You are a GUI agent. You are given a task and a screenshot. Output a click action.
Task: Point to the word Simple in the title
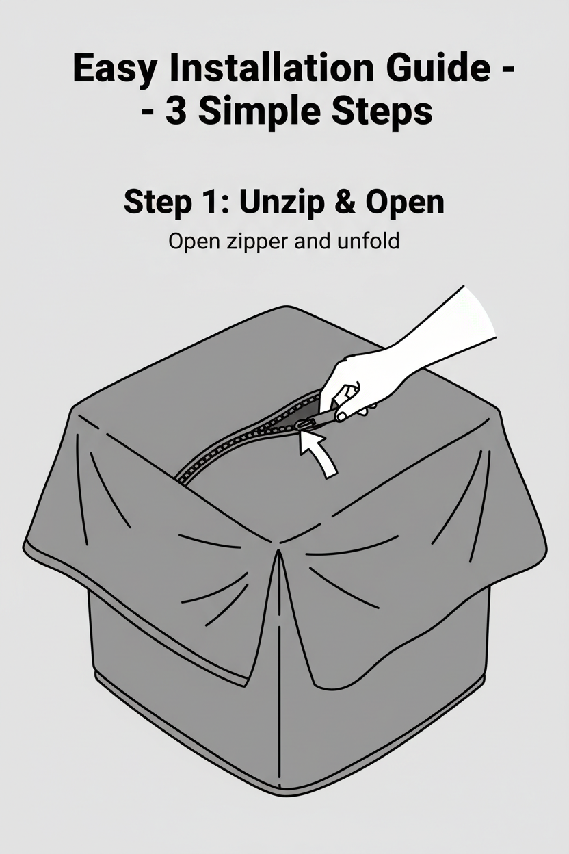(265, 112)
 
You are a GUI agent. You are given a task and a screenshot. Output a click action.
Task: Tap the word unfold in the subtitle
(367, 242)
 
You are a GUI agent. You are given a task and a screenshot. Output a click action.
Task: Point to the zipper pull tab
(306, 427)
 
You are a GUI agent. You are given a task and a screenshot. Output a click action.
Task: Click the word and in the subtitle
(313, 242)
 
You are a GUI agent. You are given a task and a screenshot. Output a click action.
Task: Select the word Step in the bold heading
(154, 203)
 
